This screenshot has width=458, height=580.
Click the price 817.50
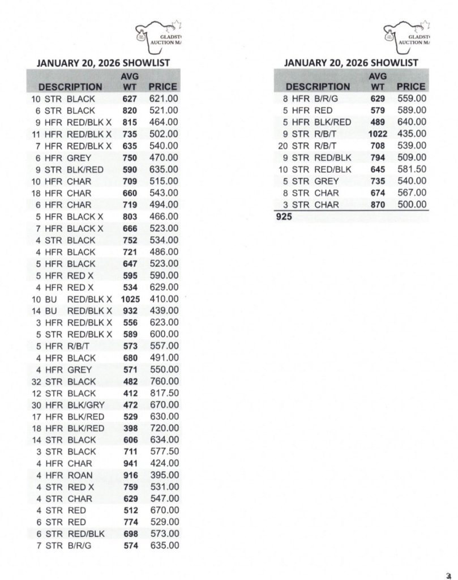(x=164, y=393)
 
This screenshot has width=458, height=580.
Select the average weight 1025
(x=130, y=299)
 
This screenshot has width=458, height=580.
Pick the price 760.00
(x=164, y=381)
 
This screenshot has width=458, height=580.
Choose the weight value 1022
(x=378, y=134)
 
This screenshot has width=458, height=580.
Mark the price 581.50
(x=412, y=169)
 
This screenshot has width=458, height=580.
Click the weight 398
(x=130, y=428)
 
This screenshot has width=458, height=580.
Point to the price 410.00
(x=164, y=299)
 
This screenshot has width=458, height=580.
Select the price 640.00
(x=412, y=122)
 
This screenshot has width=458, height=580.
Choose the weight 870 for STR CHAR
(x=378, y=204)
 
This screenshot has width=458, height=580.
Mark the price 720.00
(x=164, y=428)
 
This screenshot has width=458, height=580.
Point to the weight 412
(x=130, y=393)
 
